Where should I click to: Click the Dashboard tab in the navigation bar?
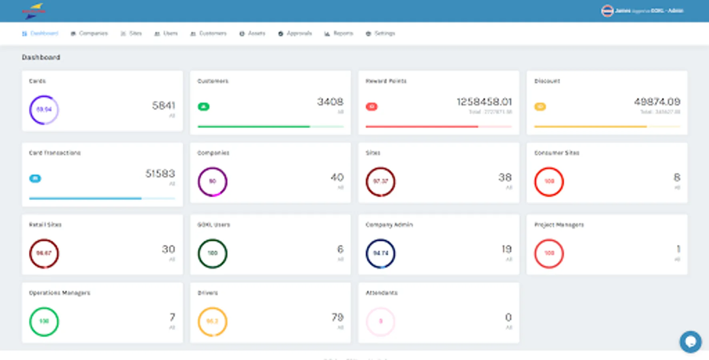pos(40,34)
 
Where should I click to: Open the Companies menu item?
pos(90,34)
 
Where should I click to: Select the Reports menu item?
pos(339,34)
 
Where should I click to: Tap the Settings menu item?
pos(381,34)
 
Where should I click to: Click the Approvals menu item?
pos(295,34)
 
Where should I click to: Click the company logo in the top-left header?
pos(34,11)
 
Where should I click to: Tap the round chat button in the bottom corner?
pos(690,342)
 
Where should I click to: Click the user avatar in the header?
pos(607,11)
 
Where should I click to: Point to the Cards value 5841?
pos(163,106)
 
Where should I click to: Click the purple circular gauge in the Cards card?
pos(44,110)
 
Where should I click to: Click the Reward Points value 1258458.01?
pos(484,102)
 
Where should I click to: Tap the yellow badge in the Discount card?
pos(540,107)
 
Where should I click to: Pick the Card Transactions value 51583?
pos(160,174)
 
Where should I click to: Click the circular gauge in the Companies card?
pos(212,182)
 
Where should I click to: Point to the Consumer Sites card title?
pos(557,153)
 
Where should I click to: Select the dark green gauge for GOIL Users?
pos(212,253)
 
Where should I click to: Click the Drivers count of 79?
pos(337,318)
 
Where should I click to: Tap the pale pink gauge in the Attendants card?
pos(381,321)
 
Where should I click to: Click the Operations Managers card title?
pos(60,293)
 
